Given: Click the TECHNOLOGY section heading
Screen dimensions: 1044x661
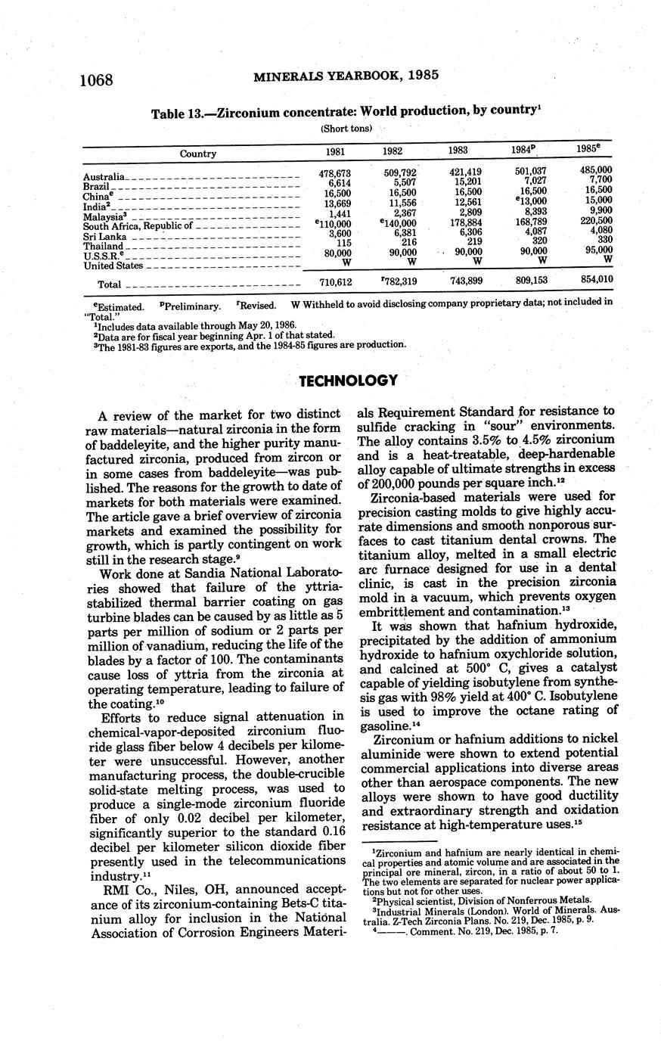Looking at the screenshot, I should click(x=348, y=381).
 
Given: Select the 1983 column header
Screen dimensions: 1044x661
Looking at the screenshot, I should click(x=458, y=151).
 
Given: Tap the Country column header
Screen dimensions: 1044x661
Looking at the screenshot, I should click(x=198, y=154).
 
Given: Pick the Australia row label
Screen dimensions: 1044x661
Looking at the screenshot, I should click(x=104, y=177).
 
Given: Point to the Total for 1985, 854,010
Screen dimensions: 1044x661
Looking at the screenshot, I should click(x=596, y=280).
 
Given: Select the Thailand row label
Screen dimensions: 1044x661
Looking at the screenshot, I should click(x=103, y=246).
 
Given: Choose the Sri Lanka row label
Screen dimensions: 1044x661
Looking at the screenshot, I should click(x=104, y=236).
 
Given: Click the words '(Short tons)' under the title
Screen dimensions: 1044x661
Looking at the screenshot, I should click(x=346, y=128).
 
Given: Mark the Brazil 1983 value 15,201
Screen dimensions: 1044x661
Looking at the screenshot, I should click(x=465, y=182).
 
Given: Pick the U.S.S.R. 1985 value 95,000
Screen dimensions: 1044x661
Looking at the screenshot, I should click(x=596, y=250).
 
